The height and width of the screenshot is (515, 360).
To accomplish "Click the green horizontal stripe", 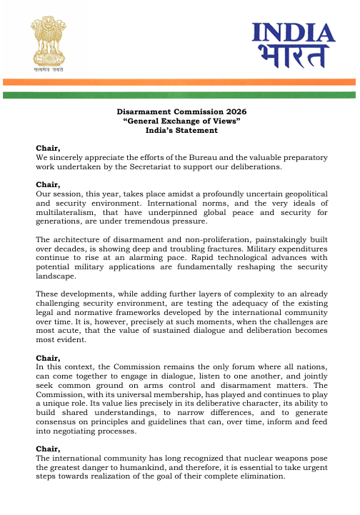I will [x=179, y=94].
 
